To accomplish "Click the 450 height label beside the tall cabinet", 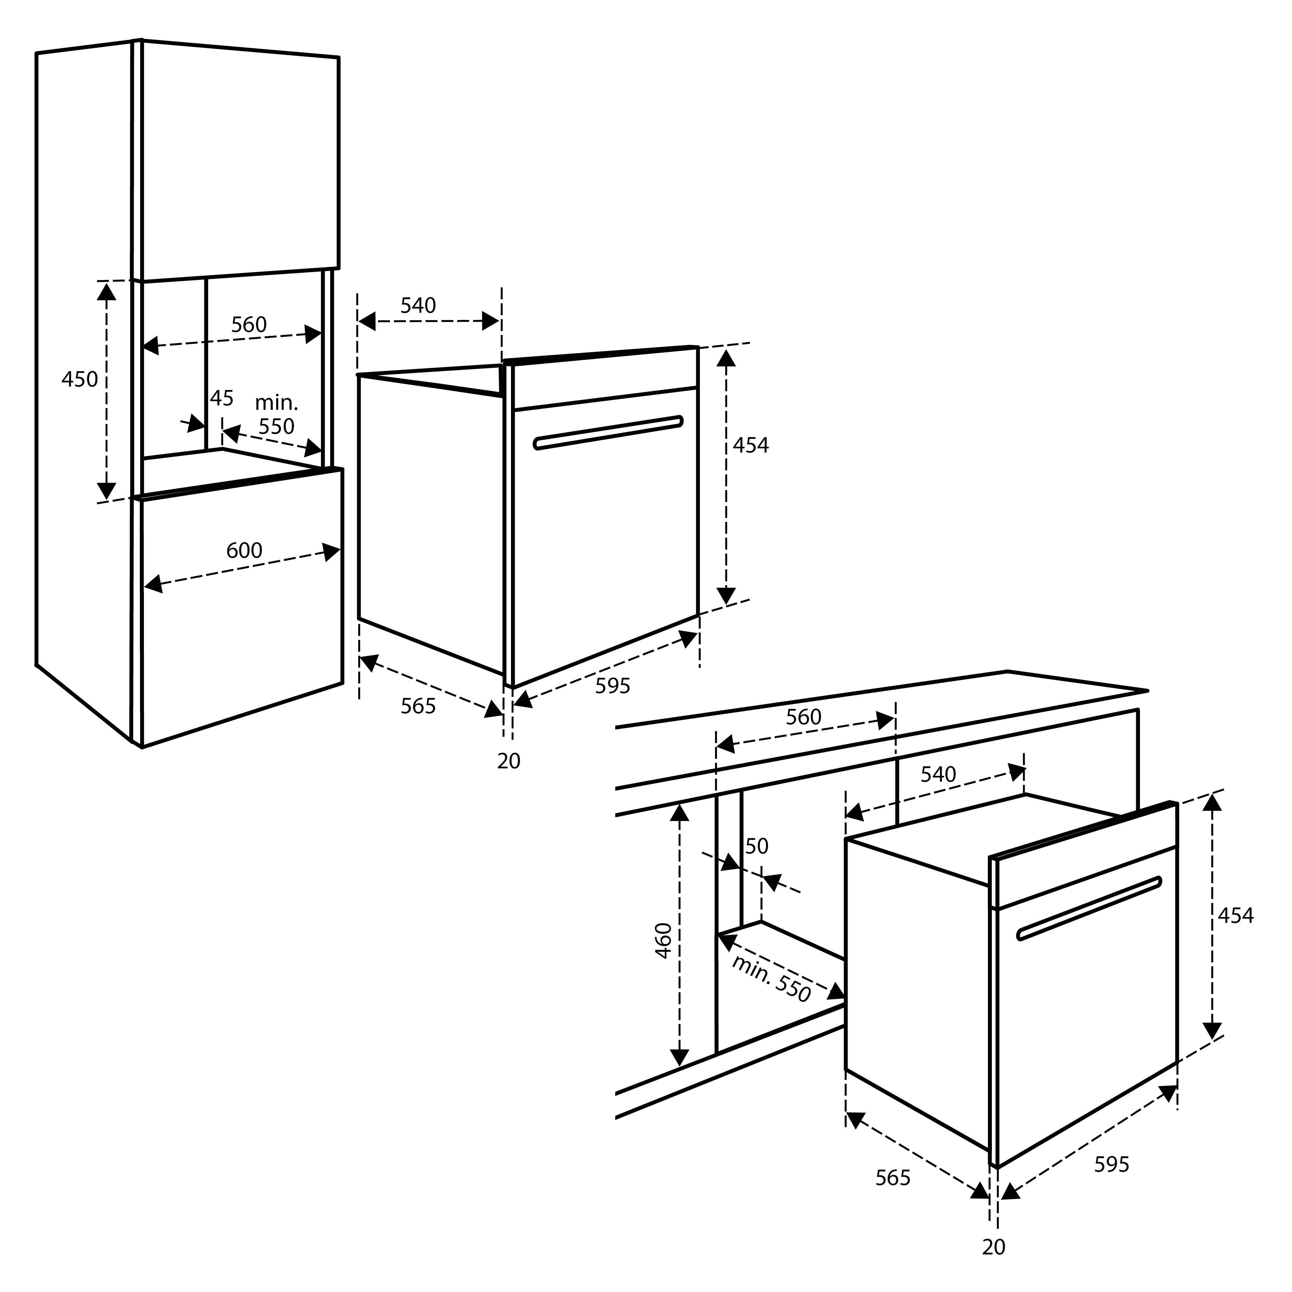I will tap(80, 379).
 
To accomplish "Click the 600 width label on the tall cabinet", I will tap(244, 550).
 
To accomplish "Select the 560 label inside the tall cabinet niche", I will tap(249, 324).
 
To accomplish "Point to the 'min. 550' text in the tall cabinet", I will tap(276, 415).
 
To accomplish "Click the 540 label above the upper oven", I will tap(418, 306).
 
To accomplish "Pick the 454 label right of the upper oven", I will tap(750, 445).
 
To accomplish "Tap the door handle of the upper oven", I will tap(608, 433).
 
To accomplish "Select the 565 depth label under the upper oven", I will tap(418, 705).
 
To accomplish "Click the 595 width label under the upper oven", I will tap(613, 685).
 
